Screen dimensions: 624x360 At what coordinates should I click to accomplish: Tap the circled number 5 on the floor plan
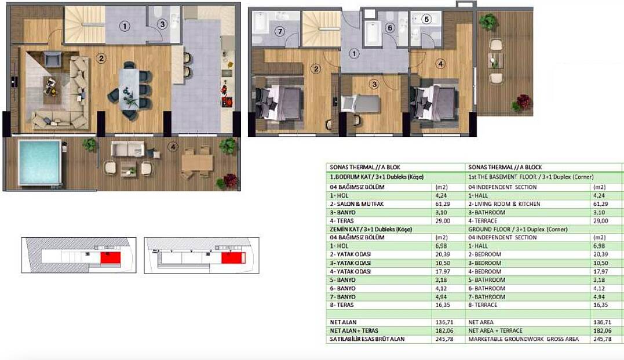426,19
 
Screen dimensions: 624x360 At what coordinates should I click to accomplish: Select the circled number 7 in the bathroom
280,31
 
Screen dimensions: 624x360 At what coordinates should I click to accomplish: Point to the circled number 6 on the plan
389,28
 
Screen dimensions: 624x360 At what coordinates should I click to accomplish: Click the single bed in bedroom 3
360,104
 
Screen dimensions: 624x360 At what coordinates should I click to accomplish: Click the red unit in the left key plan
110,257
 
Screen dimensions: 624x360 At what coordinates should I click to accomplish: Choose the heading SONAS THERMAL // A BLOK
365,168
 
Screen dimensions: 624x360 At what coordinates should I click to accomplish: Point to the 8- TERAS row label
341,305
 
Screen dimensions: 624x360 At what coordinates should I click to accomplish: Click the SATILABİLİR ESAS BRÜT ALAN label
367,339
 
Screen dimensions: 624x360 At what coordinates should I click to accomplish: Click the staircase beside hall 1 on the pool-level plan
85,24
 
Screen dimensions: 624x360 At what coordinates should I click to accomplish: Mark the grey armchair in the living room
53,59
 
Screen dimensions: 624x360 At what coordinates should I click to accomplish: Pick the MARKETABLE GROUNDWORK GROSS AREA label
523,339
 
